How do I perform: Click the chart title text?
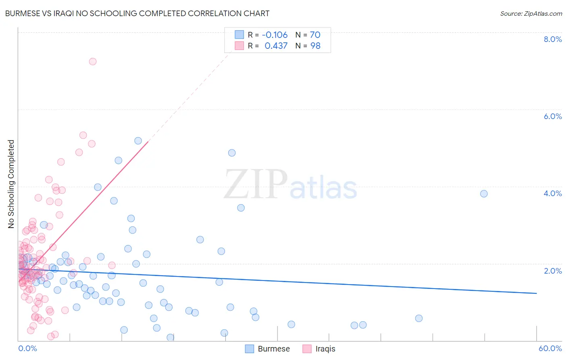coord(137,13)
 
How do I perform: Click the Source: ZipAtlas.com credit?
coord(531,13)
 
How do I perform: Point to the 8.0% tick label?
coord(552,39)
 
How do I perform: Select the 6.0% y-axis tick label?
coord(552,116)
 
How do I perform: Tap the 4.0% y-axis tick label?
coord(552,193)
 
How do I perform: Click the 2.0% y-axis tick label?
coord(552,271)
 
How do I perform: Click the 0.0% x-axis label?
coord(27,348)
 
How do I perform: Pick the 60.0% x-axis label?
coord(550,348)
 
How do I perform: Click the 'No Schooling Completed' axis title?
coord(11,184)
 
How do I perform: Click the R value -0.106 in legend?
coord(275,35)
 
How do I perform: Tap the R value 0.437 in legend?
coord(276,46)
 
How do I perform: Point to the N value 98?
coord(315,46)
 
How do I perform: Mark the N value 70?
coord(315,35)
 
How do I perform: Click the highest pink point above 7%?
coord(93,61)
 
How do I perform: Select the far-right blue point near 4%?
coord(484,194)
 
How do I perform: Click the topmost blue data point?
coord(138,141)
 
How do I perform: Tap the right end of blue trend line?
coord(536,293)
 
